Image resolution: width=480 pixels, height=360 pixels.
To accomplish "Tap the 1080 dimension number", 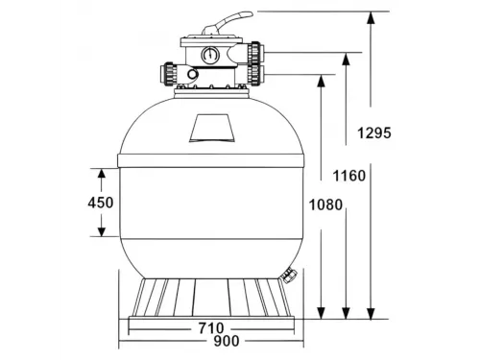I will tap(324, 204).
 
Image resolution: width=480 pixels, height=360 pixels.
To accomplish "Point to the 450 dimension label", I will tap(101, 203).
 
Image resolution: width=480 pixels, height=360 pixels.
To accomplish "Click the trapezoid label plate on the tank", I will tap(210, 125).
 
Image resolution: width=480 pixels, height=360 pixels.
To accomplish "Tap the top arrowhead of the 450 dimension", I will tap(101, 172).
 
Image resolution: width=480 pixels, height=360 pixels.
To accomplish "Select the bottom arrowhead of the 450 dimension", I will tap(101, 233).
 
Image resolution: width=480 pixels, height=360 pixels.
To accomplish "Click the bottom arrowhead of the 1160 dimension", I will tap(345, 313).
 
